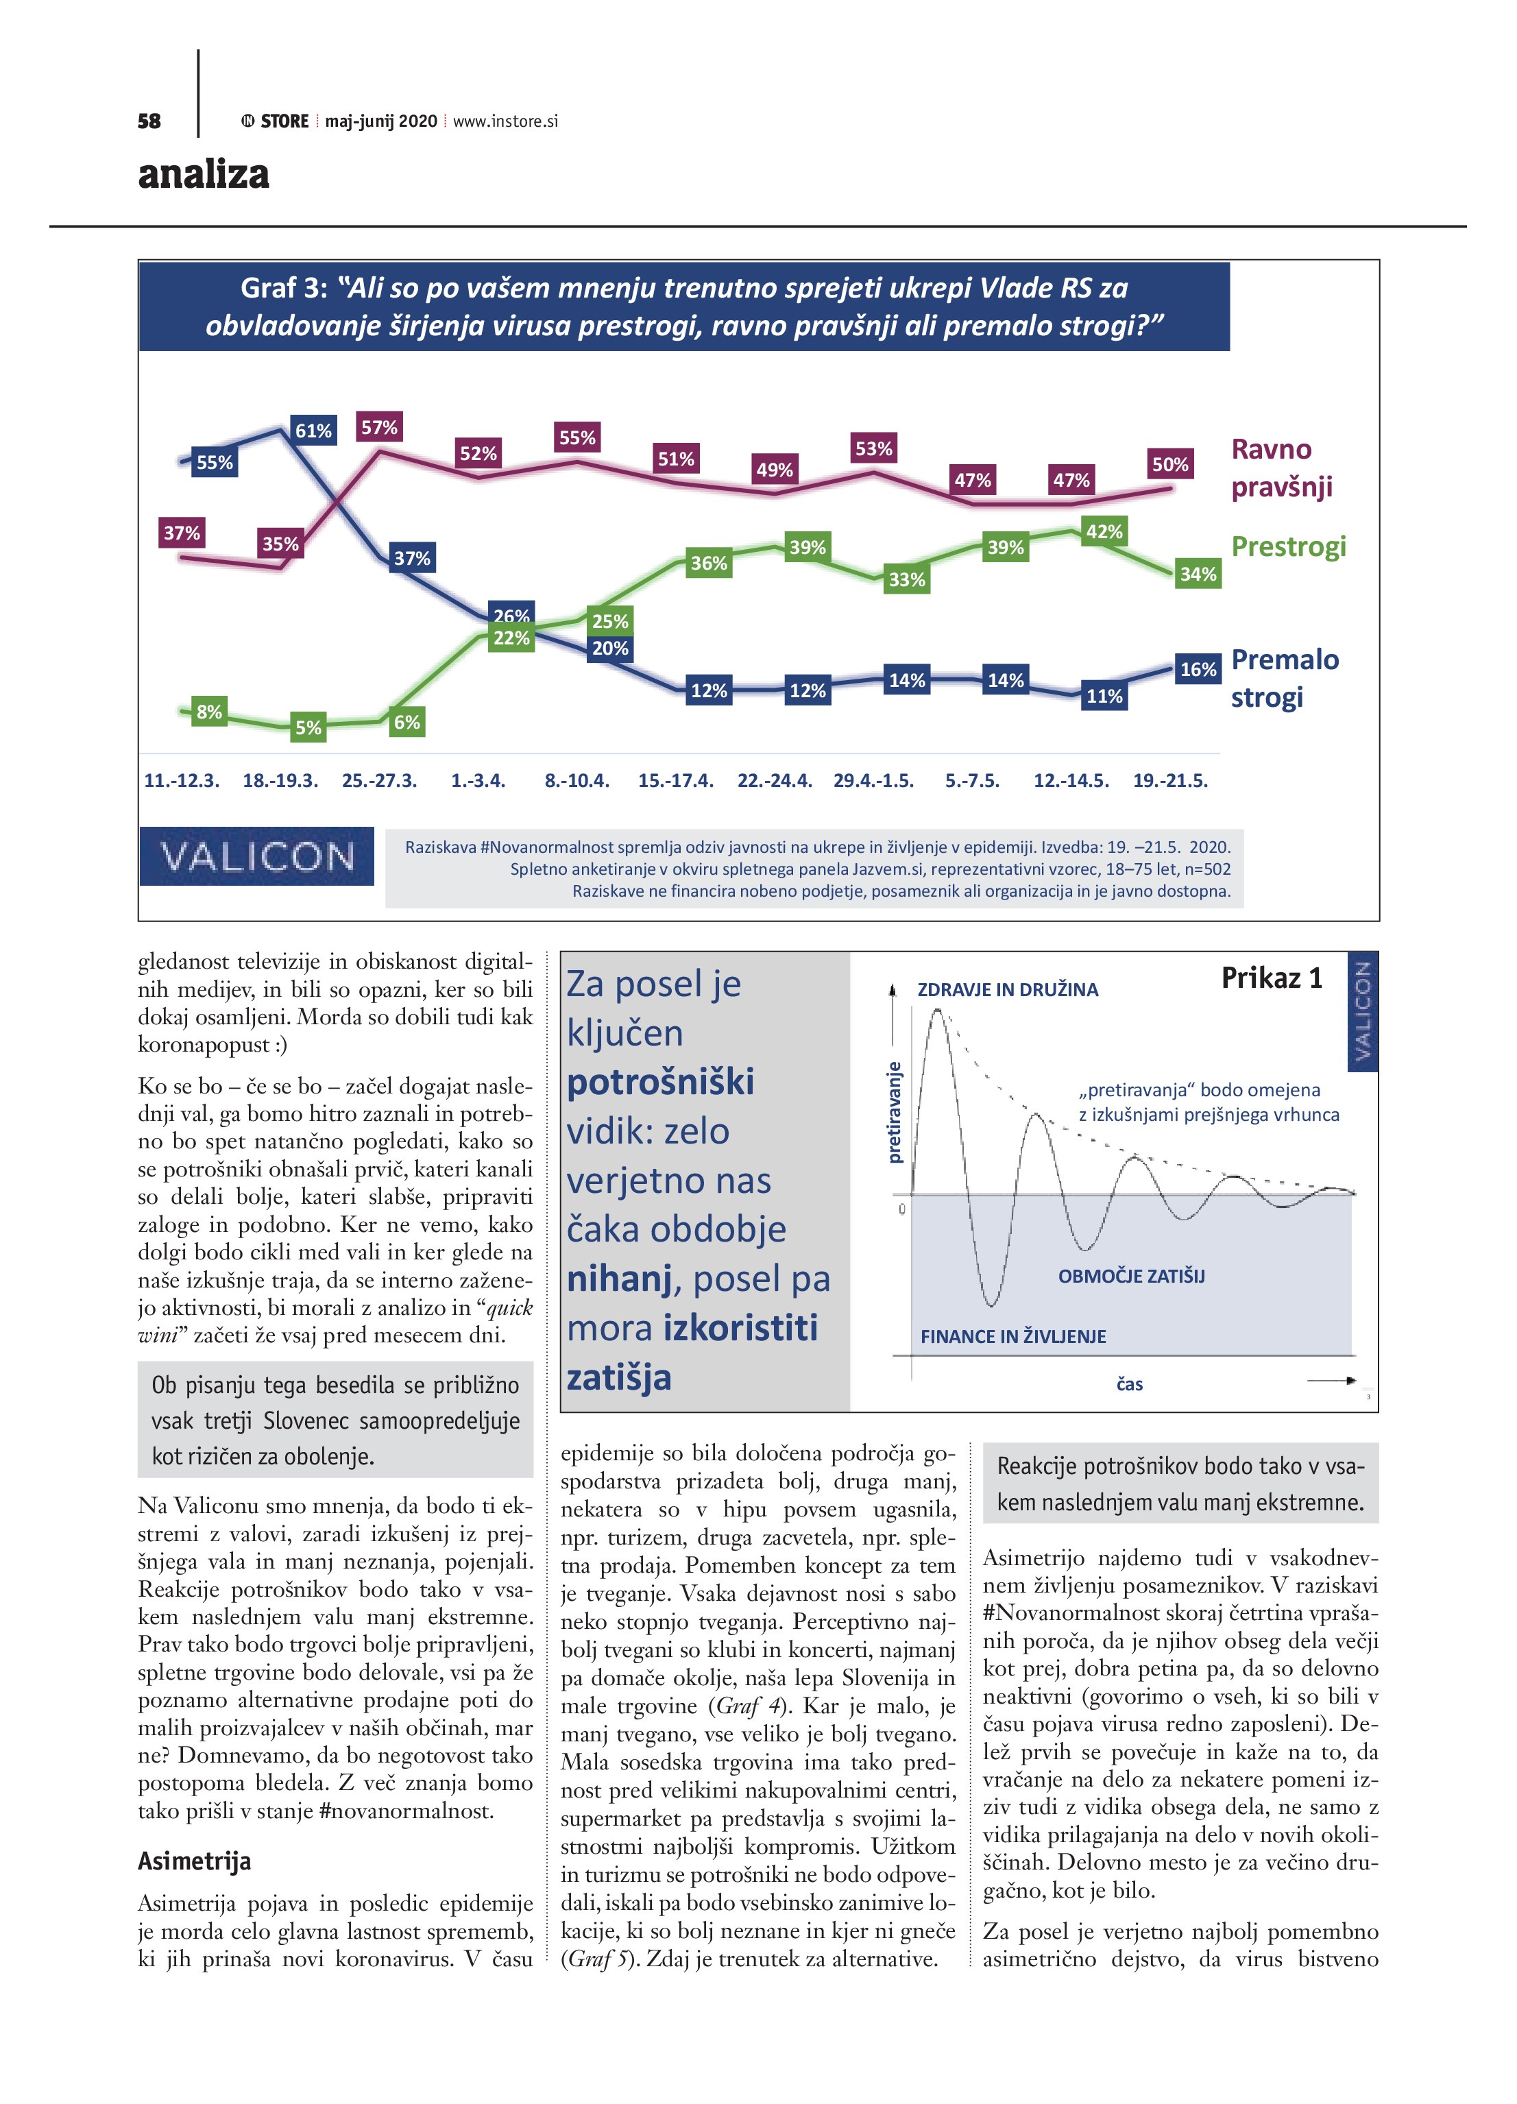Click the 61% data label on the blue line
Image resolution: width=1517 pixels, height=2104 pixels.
(313, 431)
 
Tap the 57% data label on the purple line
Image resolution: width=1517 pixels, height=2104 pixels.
(380, 428)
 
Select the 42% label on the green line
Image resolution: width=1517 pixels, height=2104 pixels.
(1104, 531)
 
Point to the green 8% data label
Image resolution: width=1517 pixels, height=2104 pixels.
(210, 712)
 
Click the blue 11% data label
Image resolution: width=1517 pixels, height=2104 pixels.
(1104, 696)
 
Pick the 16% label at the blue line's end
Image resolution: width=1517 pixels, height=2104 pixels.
(1198, 669)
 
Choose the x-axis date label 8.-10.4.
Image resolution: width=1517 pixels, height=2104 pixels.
(577, 780)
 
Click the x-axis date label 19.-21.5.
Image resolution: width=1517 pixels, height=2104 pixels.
(1170, 780)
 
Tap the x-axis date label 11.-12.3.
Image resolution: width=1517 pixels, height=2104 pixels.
(182, 780)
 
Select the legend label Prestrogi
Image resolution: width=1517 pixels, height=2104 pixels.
(1288, 546)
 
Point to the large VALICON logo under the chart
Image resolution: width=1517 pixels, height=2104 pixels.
(257, 856)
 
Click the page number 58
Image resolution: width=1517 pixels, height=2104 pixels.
(149, 121)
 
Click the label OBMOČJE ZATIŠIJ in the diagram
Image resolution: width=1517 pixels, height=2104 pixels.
(1131, 1276)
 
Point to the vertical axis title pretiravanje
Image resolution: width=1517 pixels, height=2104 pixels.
(895, 1111)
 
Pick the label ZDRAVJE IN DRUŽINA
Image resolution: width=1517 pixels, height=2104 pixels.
(1008, 990)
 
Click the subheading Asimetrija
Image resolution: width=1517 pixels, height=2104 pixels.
(194, 1861)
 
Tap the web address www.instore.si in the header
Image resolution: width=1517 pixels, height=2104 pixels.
(506, 121)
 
